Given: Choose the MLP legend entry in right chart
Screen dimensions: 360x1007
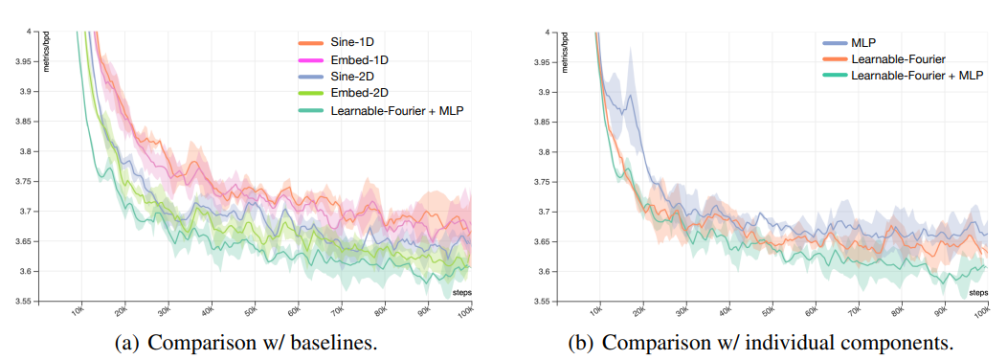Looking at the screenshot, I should click(x=862, y=42).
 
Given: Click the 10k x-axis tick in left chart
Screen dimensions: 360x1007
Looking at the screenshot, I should click(x=77, y=313).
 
